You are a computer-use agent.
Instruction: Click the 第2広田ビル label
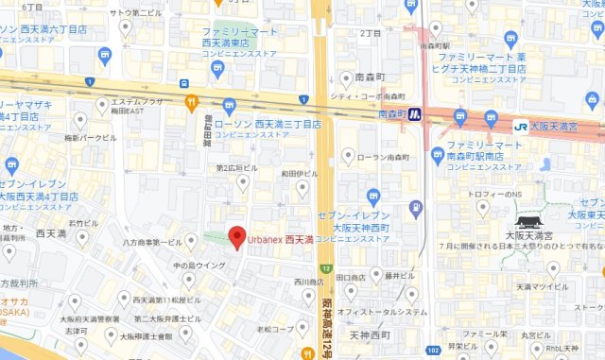point(235,168)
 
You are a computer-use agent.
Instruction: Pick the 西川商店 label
point(309,281)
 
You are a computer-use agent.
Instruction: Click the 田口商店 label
point(351,278)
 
